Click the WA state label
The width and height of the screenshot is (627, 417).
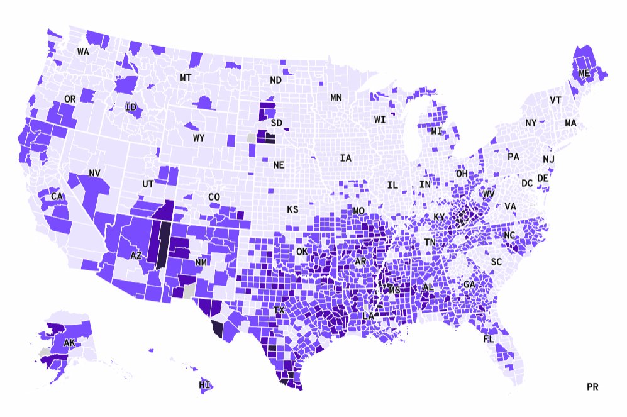83,52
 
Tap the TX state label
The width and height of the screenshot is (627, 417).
279,311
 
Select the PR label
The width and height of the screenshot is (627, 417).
592,387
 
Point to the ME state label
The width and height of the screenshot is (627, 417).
584,74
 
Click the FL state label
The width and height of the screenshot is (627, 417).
489,339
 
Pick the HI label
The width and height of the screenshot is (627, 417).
204,385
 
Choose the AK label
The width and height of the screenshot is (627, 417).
69,343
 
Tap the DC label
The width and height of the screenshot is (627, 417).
527,184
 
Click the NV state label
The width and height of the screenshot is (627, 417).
95,173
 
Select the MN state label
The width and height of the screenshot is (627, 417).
336,97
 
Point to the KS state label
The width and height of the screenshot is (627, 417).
292,209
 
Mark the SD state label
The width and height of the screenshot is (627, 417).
276,123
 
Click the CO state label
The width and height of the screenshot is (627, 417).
214,197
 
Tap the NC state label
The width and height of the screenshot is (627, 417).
509,236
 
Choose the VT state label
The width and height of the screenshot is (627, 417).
555,101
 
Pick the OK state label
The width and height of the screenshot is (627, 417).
302,252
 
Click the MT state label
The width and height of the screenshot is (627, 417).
186,77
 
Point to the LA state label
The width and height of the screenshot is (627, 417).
368,315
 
